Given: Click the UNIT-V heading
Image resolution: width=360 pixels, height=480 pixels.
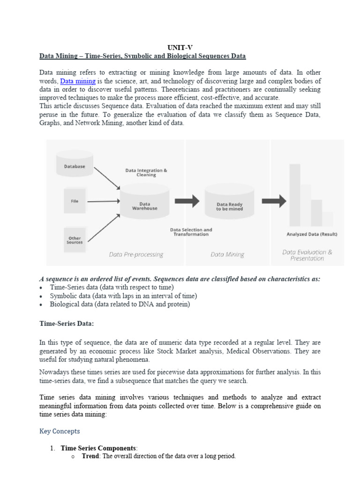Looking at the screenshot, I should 180,47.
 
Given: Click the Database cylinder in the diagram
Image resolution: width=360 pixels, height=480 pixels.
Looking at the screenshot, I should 75,162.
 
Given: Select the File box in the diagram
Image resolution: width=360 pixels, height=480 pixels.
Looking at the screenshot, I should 75,201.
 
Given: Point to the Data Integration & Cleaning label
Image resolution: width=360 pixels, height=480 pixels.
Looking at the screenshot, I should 146,172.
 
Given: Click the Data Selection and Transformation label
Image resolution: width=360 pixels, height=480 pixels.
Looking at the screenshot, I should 191,232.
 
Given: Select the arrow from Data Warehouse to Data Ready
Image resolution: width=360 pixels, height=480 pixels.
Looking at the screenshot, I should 187,202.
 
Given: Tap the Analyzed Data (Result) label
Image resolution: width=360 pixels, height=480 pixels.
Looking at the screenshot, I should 312,234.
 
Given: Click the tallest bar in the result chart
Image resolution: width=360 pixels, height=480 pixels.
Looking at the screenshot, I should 295,195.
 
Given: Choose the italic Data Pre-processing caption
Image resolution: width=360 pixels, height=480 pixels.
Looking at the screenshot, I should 136,255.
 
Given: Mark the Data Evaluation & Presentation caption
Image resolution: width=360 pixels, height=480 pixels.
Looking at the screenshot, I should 307,255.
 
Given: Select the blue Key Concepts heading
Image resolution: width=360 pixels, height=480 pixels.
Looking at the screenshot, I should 60,431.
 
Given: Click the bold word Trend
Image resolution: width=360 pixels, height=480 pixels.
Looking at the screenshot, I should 90,456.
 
